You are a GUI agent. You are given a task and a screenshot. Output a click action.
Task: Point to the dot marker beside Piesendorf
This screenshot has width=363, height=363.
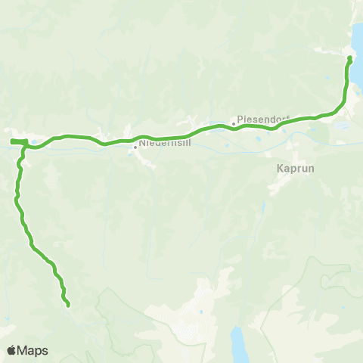point(234,124)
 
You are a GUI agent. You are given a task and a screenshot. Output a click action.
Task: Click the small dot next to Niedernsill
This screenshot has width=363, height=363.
point(135,147)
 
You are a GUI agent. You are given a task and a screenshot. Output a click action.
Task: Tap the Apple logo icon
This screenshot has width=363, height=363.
point(11,350)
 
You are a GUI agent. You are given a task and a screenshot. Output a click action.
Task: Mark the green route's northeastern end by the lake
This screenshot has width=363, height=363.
point(349,57)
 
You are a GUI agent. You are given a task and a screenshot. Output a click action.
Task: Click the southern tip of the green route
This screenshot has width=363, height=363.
point(68,306)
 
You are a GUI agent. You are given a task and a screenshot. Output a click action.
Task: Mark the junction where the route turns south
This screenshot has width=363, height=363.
point(25,144)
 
